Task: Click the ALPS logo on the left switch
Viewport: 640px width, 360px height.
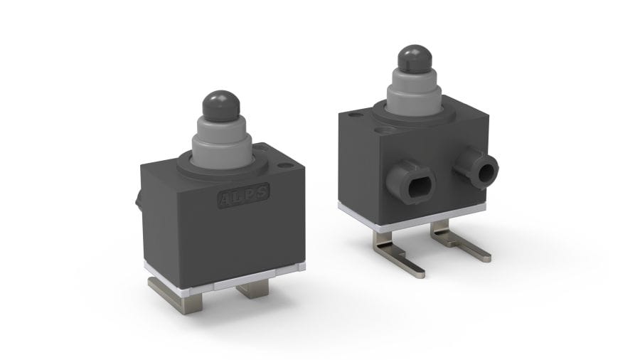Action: click(244, 196)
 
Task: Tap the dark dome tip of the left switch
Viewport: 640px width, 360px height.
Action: click(221, 105)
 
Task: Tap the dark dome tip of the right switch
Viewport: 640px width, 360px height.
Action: click(415, 59)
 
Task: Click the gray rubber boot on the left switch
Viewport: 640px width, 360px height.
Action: click(222, 140)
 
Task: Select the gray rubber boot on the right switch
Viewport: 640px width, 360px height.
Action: click(414, 92)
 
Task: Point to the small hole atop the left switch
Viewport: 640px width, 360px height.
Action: click(284, 166)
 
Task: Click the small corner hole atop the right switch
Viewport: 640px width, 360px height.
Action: click(355, 115)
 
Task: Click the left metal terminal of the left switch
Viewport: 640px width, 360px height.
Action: click(176, 295)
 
